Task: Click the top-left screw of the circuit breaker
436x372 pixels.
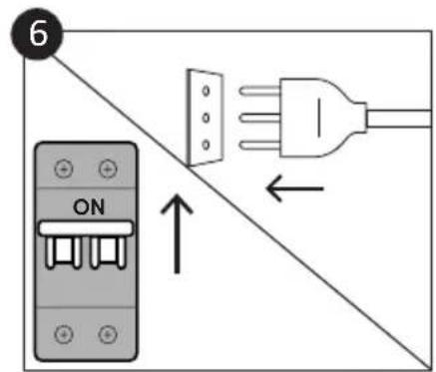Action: tap(65, 170)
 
